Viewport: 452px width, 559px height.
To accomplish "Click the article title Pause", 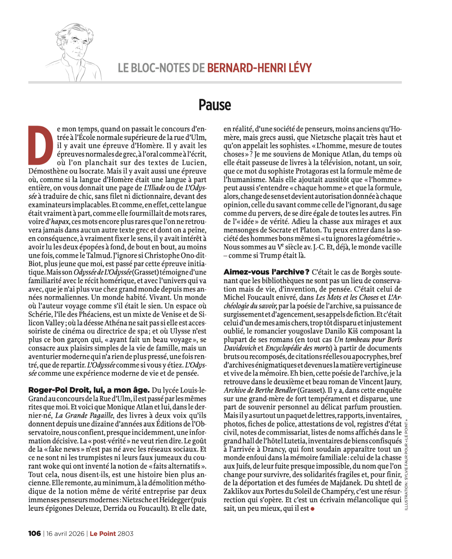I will pyautogui.click(x=215, y=105).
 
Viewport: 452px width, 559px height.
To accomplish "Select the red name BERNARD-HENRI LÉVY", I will pyautogui.click(x=259, y=68).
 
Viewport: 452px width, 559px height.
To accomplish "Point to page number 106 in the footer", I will pyautogui.click(x=34, y=533).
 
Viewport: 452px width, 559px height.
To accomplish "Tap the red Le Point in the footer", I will pyautogui.click(x=103, y=533).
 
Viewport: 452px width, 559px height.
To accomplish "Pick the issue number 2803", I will pyautogui.click(x=126, y=533).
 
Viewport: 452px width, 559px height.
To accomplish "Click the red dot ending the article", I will pyautogui.click(x=313, y=509).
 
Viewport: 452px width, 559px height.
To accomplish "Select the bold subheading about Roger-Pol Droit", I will pyautogui.click(x=89, y=390).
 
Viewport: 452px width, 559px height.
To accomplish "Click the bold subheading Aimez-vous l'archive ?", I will pyautogui.click(x=266, y=272).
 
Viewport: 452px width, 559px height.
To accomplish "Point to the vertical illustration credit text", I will pyautogui.click(x=406, y=465).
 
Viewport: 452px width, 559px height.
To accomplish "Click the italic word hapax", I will pyautogui.click(x=60, y=222).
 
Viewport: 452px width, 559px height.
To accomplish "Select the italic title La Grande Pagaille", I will pyautogui.click(x=84, y=415).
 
